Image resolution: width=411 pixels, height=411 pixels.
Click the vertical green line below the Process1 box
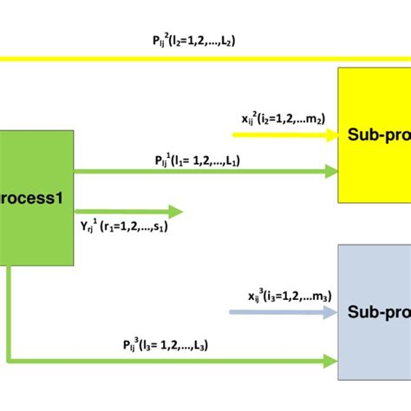pos(9,312)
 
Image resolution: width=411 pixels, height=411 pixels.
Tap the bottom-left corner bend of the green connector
pos(10,359)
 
